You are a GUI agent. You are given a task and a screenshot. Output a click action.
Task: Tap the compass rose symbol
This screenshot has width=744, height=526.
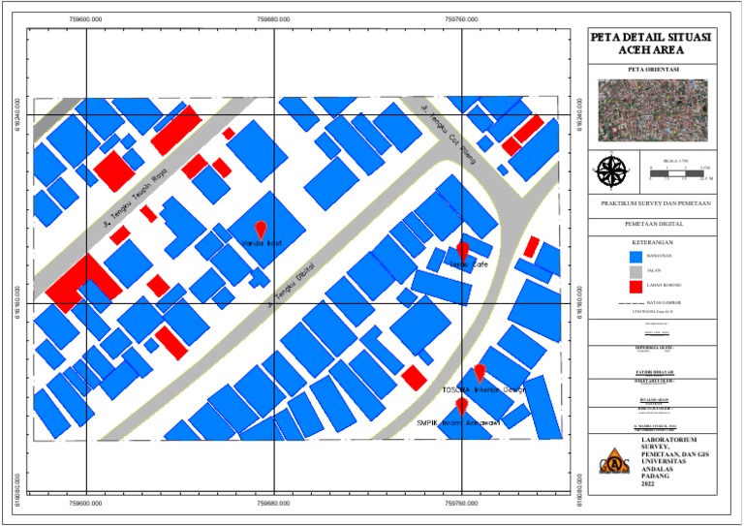pyautogui.click(x=612, y=171)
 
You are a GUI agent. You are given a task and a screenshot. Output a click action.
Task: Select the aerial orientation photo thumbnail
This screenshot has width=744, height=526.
pyautogui.click(x=652, y=109)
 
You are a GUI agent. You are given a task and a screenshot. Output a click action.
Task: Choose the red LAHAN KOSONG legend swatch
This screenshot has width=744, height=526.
pyautogui.click(x=636, y=287)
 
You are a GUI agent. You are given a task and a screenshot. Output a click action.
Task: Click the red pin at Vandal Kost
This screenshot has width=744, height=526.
pyautogui.click(x=260, y=231)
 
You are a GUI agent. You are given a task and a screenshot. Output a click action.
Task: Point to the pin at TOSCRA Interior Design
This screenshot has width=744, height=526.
pyautogui.click(x=480, y=373)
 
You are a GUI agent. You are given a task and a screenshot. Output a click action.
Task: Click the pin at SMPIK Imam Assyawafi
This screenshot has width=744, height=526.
pyautogui.click(x=462, y=407)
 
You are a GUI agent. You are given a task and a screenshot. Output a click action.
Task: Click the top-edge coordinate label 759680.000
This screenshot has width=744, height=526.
pyautogui.click(x=274, y=17)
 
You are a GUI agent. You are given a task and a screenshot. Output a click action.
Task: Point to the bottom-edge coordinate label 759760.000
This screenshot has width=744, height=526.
pyautogui.click(x=463, y=505)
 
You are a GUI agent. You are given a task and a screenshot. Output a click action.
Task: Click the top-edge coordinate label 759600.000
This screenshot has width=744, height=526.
pyautogui.click(x=86, y=17)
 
